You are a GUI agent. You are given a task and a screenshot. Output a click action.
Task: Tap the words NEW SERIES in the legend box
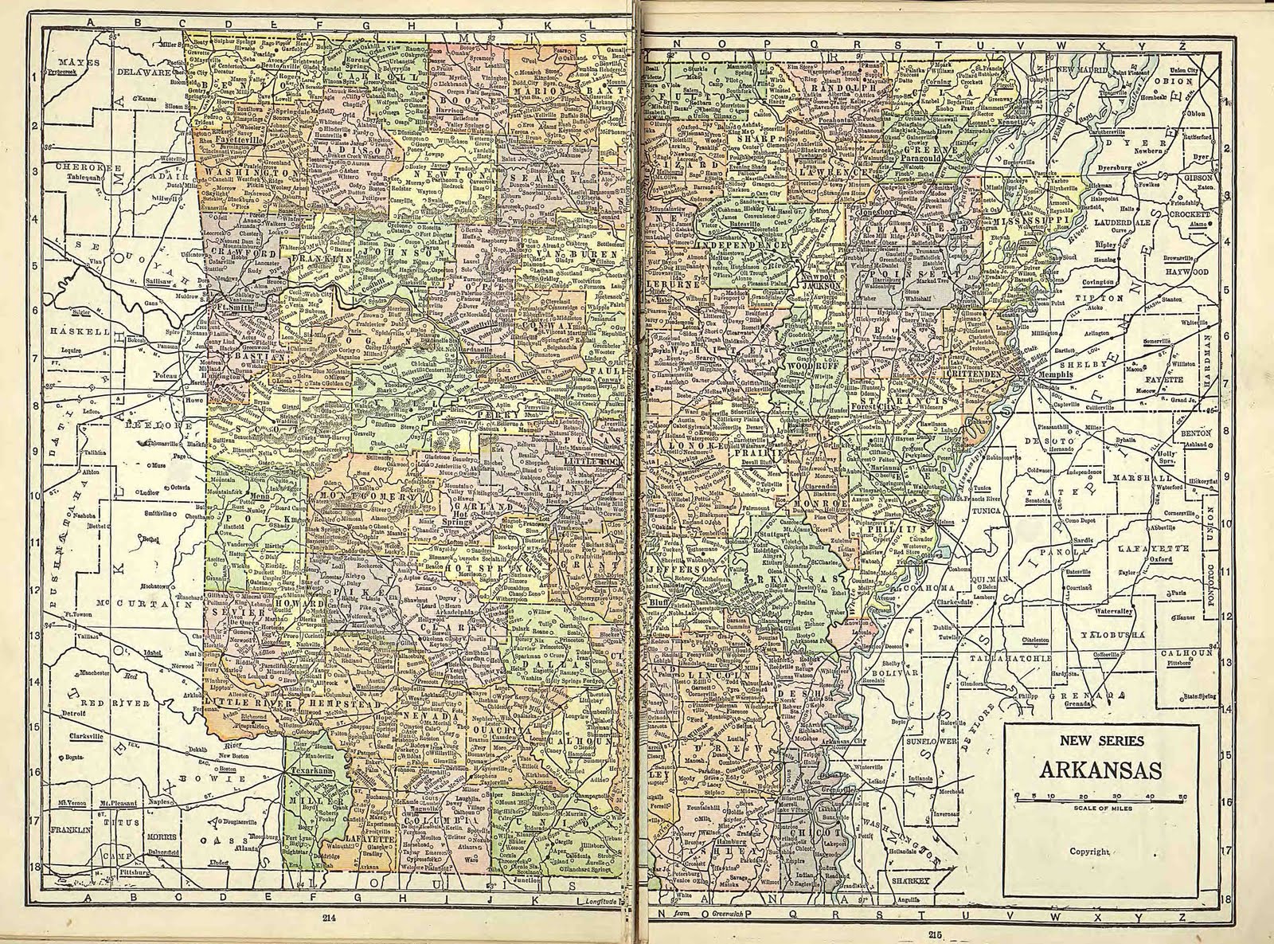point(1100,741)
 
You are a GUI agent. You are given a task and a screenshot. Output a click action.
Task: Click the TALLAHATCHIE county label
point(1006,659)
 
